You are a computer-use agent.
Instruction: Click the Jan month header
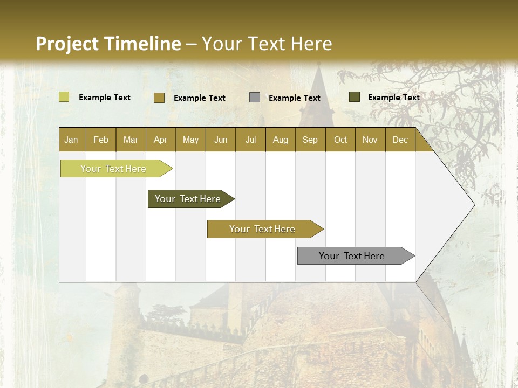tap(71, 140)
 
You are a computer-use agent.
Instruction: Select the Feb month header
tap(101, 140)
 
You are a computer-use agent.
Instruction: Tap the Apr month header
tap(160, 140)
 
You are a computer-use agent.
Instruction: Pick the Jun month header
tap(221, 140)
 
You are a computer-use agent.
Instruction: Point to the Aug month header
tap(280, 140)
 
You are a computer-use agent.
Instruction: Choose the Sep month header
tap(310, 140)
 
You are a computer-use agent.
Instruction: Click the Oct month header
tap(340, 140)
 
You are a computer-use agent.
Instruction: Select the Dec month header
tap(400, 140)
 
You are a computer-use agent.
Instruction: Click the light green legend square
tap(64, 97)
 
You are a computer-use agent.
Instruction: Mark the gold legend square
tap(159, 98)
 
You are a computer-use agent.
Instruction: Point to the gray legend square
tap(255, 98)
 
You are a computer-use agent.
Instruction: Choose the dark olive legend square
tap(355, 97)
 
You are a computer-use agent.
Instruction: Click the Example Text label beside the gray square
tap(295, 98)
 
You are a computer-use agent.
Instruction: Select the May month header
tap(190, 140)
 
